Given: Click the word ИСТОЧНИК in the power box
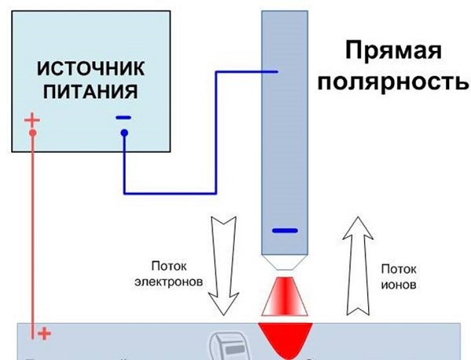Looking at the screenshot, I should (x=87, y=69).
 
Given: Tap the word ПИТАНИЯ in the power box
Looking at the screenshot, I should (x=87, y=92).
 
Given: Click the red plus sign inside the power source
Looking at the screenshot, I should (x=31, y=120).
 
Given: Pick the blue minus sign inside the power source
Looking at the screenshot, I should (x=123, y=118).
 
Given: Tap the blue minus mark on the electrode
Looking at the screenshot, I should (x=284, y=231).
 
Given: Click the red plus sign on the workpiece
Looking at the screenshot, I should (x=44, y=334).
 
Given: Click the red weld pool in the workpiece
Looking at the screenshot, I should (x=284, y=338).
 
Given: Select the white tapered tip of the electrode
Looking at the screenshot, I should (x=284, y=260).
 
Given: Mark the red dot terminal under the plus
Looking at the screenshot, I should (x=32, y=133).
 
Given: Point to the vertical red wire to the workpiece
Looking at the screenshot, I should (x=32, y=235).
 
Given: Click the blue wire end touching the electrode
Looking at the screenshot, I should (x=274, y=72).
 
